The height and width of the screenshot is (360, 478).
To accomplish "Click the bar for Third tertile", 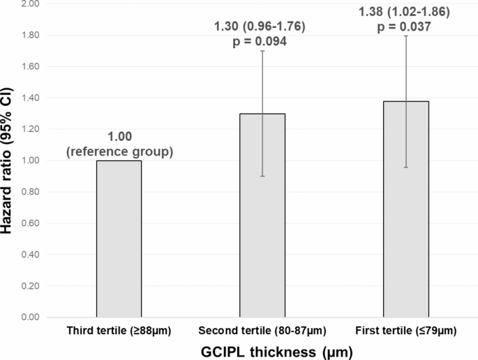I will coord(119,239).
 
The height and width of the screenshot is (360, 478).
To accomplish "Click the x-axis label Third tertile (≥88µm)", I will coord(119,329).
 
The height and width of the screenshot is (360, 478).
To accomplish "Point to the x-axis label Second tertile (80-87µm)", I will coord(262,329).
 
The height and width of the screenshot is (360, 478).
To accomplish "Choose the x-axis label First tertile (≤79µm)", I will coord(405,329).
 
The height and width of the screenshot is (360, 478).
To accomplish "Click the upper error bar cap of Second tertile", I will coord(262,51).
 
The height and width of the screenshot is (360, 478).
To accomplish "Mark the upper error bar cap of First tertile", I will coord(405,36).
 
